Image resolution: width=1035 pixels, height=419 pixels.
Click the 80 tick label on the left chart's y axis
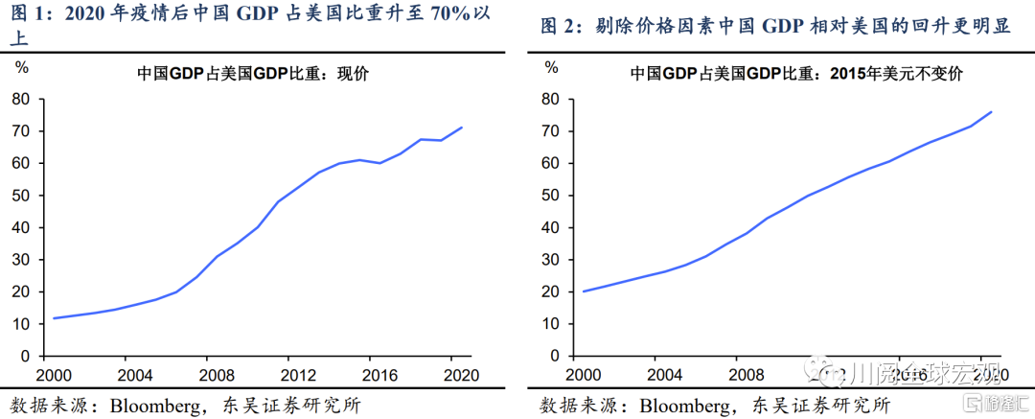click(19, 99)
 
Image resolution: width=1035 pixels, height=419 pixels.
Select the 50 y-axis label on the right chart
click(550, 196)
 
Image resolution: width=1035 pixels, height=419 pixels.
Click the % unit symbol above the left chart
click(21, 68)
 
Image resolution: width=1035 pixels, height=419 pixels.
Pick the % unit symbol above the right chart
click(551, 68)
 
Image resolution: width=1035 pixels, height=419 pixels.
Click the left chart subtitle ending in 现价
click(253, 74)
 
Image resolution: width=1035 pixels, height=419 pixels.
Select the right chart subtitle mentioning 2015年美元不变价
click(795, 74)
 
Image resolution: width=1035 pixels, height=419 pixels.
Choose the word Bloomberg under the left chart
click(155, 404)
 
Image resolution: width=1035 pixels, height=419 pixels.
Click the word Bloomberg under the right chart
click(686, 404)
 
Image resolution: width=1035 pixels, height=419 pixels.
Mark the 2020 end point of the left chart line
click(463, 128)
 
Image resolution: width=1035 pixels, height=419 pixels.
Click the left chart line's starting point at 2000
click(53, 317)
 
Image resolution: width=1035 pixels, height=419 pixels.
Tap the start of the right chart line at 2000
click(583, 291)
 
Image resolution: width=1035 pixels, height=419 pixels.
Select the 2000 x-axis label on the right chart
click(584, 375)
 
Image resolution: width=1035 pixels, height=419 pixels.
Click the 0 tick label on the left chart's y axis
click(24, 356)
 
